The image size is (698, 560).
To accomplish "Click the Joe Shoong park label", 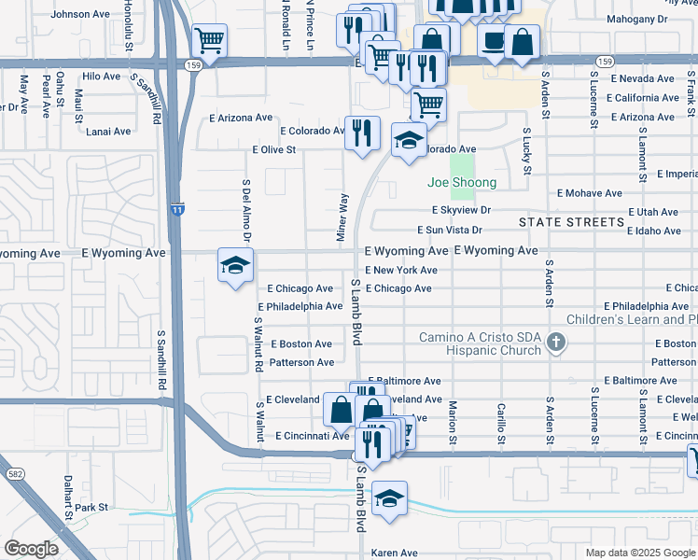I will [462, 183].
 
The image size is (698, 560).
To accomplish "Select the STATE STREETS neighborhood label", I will [571, 222].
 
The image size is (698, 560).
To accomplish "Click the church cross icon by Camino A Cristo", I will [556, 342].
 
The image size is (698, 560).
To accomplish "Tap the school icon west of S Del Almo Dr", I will [235, 265].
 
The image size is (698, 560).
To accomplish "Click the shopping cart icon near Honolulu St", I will [210, 41].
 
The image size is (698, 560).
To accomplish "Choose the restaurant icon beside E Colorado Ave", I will [362, 132].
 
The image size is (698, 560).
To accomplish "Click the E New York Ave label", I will [401, 270].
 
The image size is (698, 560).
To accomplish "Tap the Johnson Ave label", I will [80, 15].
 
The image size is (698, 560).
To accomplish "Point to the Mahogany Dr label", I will [663, 18].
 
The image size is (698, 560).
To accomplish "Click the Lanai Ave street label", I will [109, 132].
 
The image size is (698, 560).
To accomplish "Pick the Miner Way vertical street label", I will [342, 216].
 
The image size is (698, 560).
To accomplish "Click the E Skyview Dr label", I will [461, 211].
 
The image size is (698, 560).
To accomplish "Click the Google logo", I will [31, 549].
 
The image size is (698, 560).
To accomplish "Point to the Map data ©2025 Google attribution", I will [638, 553].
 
